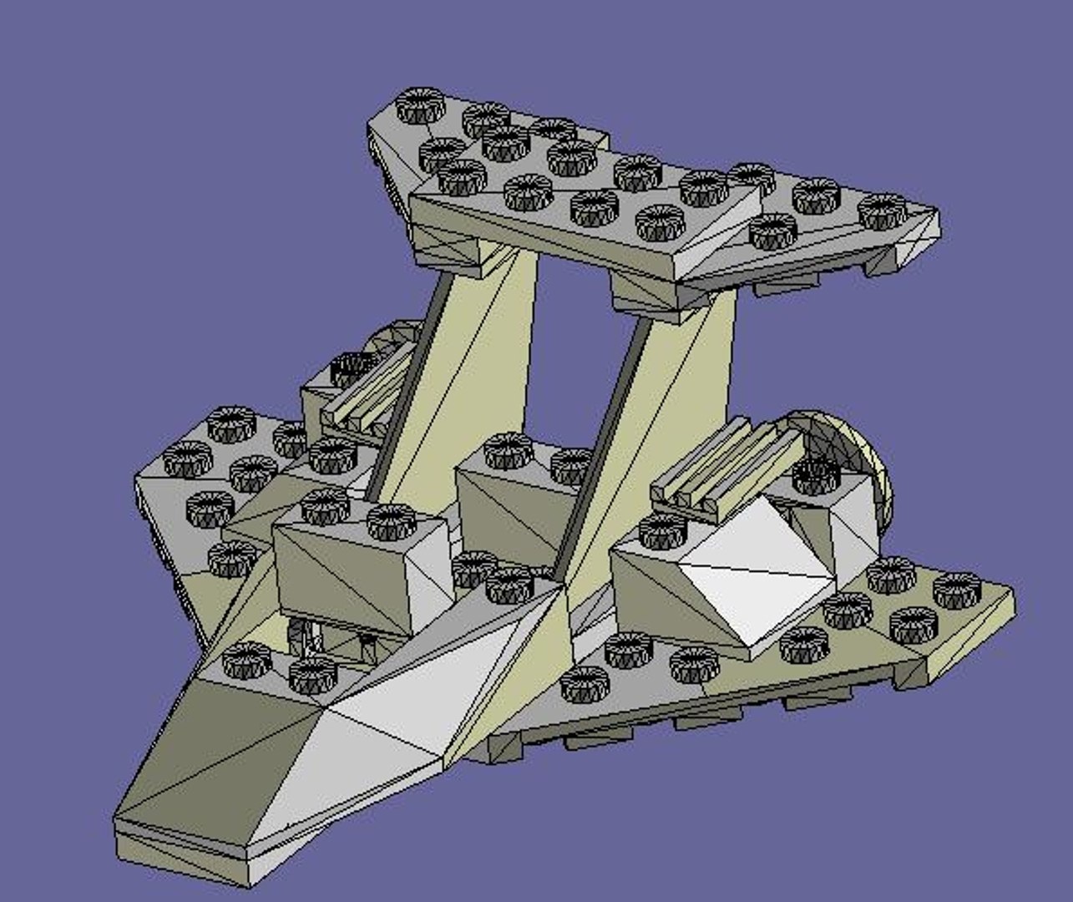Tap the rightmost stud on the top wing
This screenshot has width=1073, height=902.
point(883,210)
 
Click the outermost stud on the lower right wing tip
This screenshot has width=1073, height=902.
point(957,590)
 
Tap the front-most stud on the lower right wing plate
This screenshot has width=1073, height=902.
point(585,683)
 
